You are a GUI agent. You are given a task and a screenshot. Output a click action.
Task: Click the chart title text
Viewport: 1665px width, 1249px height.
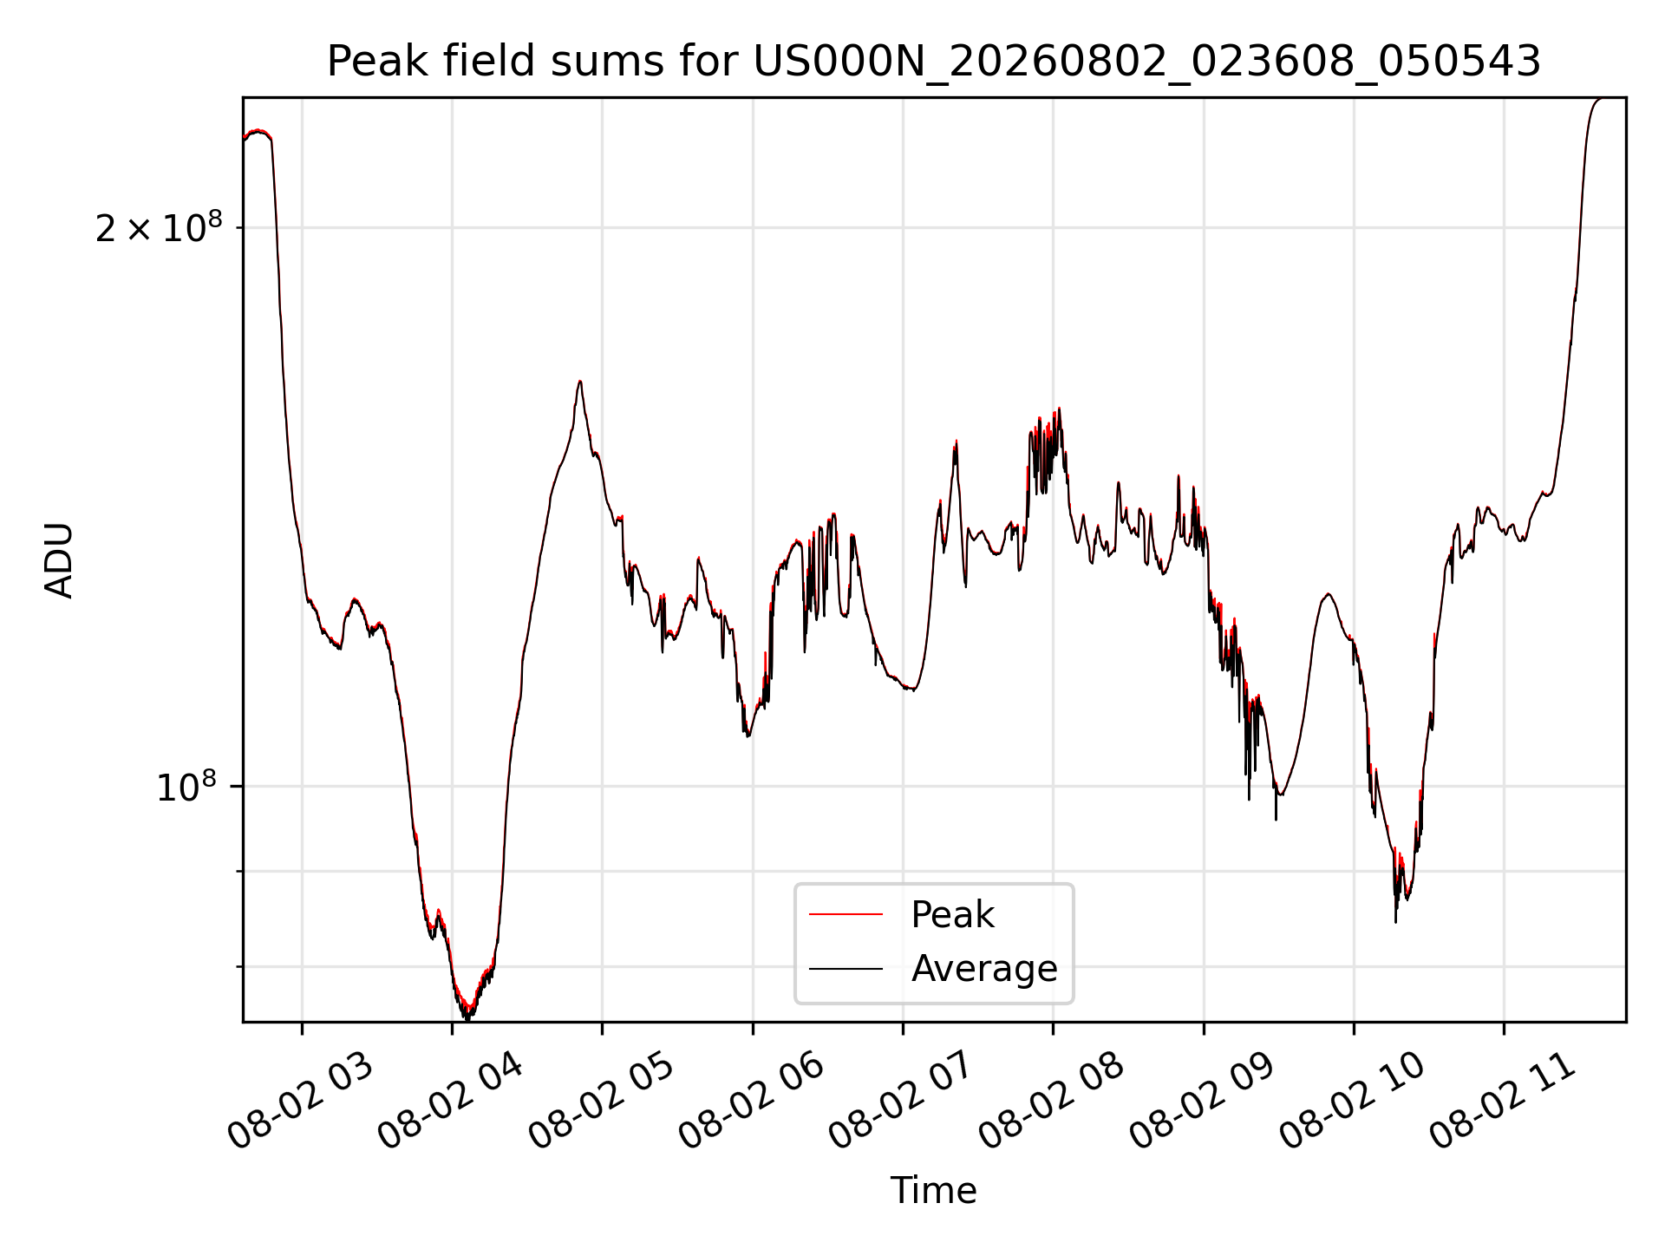(934, 62)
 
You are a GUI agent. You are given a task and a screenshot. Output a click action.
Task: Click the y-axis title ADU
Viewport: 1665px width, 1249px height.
(59, 560)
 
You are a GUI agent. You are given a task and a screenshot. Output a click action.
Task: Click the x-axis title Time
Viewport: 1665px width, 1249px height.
(934, 1191)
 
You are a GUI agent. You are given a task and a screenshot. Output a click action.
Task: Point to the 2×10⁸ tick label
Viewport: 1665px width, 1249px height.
(159, 227)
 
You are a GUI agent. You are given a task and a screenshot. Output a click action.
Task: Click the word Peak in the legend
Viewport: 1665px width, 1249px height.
(952, 915)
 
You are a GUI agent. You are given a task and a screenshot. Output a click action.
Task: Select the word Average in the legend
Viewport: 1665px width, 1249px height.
(984, 969)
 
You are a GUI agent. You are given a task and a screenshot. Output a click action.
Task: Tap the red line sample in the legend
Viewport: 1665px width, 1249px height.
(846, 914)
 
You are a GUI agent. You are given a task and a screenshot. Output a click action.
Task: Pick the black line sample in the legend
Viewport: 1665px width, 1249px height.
(846, 968)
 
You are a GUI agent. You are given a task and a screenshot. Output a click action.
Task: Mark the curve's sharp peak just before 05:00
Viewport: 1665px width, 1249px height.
(579, 382)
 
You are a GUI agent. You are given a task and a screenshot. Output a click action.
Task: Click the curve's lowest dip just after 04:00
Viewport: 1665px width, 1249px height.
(467, 1017)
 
